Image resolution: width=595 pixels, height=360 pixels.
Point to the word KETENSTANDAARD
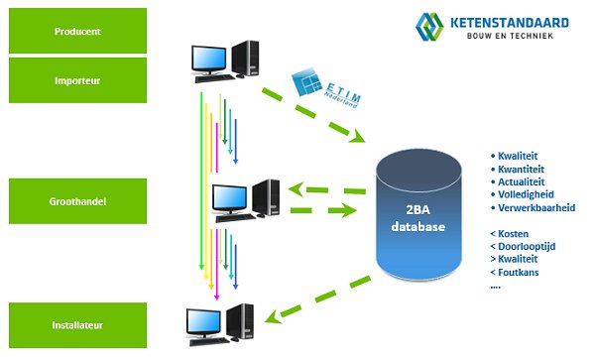(x=510, y=22)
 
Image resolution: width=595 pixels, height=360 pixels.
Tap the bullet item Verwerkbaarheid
(x=535, y=208)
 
